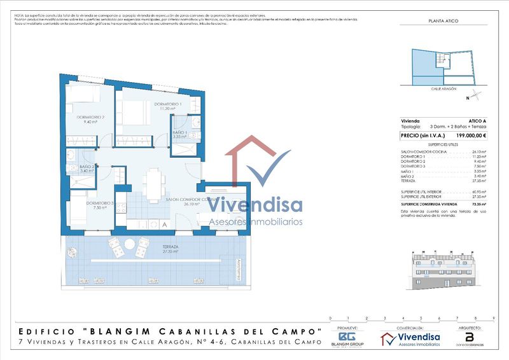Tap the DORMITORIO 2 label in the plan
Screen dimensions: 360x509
click(90, 117)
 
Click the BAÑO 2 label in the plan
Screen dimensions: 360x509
click(87, 167)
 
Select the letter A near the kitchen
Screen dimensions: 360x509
click(164, 225)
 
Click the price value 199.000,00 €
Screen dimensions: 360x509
click(471, 135)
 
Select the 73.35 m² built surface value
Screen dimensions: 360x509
click(478, 204)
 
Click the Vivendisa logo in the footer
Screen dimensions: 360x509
click(411, 338)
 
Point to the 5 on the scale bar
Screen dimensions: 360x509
click(421, 317)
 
